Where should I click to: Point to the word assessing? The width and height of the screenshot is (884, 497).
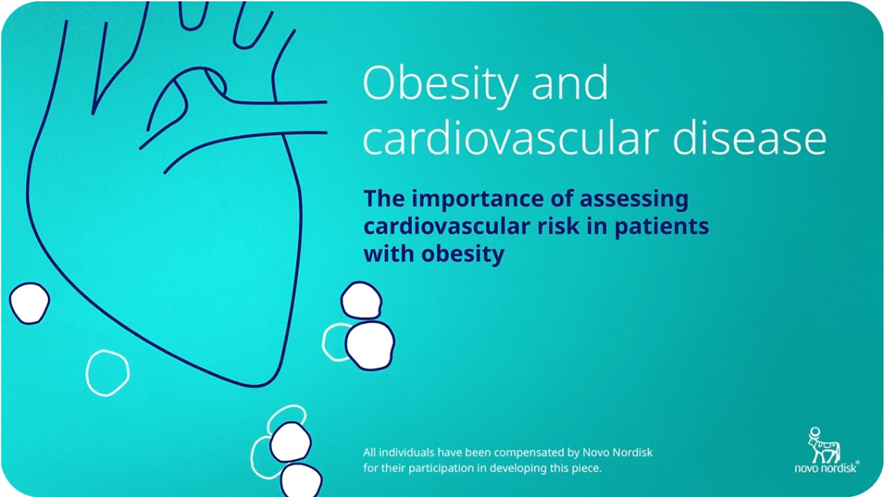(x=634, y=200)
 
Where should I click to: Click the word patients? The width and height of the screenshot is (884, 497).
(x=662, y=228)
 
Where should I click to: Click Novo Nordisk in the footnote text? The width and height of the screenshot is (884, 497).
(x=617, y=452)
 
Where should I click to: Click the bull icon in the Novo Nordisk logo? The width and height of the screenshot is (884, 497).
(x=824, y=445)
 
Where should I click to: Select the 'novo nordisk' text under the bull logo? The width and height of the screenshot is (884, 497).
(x=826, y=468)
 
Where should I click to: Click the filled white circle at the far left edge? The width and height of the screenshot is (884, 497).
(x=29, y=303)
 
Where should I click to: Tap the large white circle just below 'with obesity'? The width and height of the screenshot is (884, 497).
(x=361, y=300)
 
